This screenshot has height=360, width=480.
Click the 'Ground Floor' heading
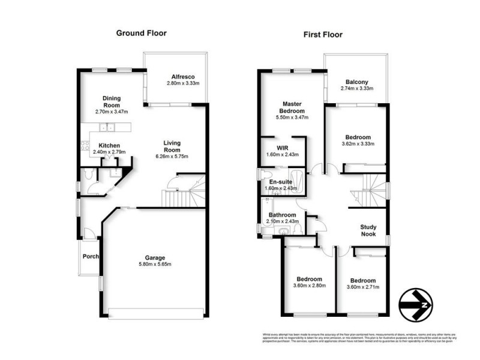[x=141, y=34]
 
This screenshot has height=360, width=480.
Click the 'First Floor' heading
[x=323, y=34]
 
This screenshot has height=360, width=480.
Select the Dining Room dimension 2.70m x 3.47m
[x=112, y=112]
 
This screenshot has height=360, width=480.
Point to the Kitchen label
[x=109, y=145]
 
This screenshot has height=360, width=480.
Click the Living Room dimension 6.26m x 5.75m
[x=172, y=157]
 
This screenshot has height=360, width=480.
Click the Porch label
[x=90, y=257]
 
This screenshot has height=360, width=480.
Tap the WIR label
[x=283, y=147]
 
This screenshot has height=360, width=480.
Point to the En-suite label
[x=280, y=181]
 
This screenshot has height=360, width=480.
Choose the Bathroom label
[x=281, y=215]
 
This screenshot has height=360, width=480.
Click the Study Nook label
[x=368, y=231]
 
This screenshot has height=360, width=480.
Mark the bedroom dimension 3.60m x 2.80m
[x=310, y=286]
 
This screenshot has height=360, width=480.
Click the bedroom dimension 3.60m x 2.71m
[x=362, y=287]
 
